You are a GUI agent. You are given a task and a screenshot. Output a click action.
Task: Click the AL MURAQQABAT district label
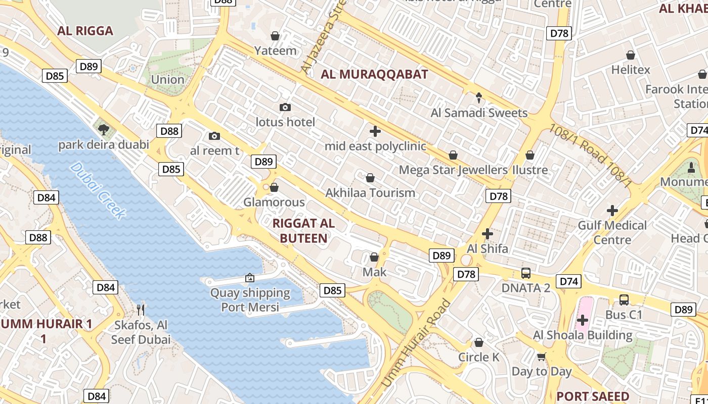(374, 74)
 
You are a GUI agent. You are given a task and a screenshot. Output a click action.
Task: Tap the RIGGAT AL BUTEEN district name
(303, 231)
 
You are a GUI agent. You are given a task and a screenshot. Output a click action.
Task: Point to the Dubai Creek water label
(98, 191)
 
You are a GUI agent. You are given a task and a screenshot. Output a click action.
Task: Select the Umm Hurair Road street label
(416, 343)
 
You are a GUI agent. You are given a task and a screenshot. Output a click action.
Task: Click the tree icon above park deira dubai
(104, 129)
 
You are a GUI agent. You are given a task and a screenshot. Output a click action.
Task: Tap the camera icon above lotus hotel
(285, 107)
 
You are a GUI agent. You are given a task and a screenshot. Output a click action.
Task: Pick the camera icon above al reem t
(214, 136)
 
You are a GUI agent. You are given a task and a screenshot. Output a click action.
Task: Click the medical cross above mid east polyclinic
(375, 132)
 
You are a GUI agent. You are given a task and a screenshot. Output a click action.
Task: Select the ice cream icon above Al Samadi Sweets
(479, 97)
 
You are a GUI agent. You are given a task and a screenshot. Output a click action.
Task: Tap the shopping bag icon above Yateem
(275, 36)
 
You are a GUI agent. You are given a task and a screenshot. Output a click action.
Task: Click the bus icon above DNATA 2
(526, 273)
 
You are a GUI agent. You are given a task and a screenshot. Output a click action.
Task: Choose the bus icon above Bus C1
(624, 299)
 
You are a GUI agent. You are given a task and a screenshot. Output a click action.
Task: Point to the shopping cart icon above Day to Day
(542, 357)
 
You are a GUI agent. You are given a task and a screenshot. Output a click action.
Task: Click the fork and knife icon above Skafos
(141, 310)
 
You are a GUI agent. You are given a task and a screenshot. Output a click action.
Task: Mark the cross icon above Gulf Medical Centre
(612, 210)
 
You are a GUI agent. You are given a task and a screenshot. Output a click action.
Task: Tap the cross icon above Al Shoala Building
(583, 320)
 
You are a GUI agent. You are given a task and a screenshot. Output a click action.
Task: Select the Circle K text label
(478, 357)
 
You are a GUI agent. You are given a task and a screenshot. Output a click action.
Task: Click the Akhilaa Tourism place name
(370, 193)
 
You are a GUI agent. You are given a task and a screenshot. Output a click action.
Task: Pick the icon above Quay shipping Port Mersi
(249, 278)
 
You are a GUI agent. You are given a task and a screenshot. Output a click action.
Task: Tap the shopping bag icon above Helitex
(631, 55)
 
